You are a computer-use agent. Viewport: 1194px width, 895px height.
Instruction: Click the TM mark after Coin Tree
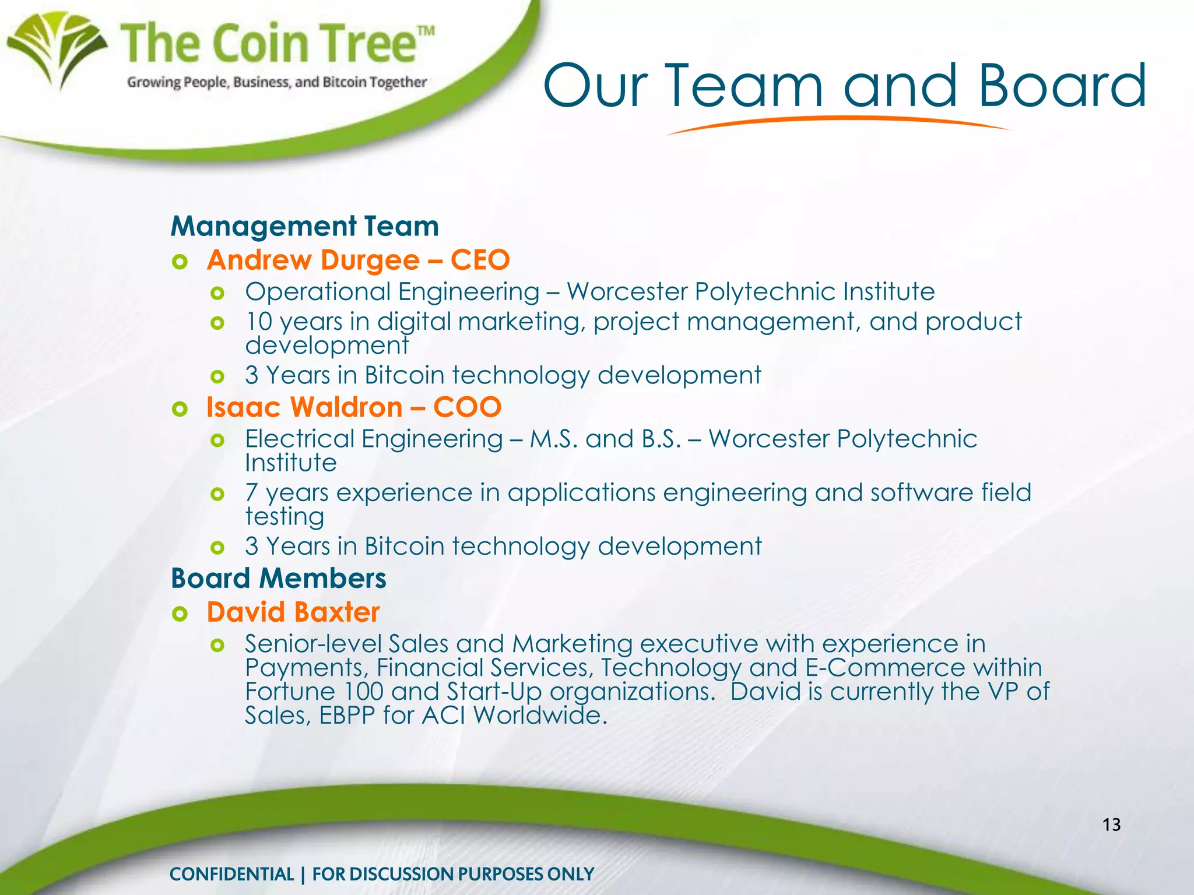[x=426, y=31]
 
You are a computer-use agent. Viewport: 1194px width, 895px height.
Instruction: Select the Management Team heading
[x=304, y=226]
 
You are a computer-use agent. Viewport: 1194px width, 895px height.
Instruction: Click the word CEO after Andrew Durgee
[x=480, y=260]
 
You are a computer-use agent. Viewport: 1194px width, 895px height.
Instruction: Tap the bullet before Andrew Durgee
[x=180, y=262]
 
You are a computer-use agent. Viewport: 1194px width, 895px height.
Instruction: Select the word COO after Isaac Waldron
[x=467, y=407]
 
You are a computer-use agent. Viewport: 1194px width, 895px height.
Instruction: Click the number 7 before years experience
[x=251, y=493]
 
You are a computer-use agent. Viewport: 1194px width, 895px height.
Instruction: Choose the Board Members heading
[x=278, y=579]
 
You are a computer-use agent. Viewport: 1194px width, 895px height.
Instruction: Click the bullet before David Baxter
[x=180, y=614]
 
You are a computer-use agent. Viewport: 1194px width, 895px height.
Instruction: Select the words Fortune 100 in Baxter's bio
[x=314, y=692]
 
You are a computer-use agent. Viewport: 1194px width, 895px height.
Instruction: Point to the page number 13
[x=1111, y=824]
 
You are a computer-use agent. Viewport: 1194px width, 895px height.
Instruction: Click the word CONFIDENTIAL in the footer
[x=231, y=874]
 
